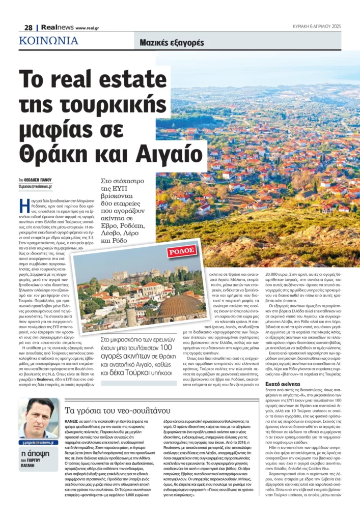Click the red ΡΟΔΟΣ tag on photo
click(182, 251)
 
